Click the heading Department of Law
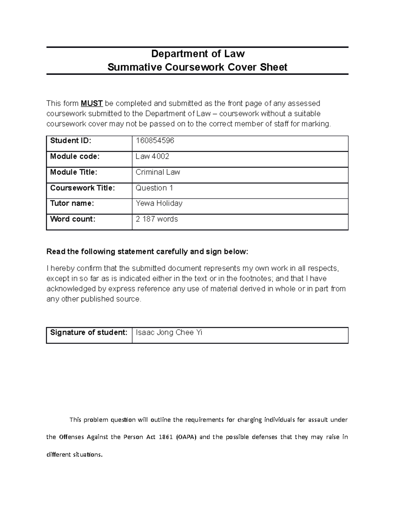tap(197, 53)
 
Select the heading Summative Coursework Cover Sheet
tap(197, 67)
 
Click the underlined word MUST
tap(92, 103)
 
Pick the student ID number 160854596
tap(155, 141)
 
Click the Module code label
tap(74, 156)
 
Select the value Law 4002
tap(152, 156)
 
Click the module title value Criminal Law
tap(158, 172)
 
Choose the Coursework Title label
tap(82, 188)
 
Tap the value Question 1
tap(154, 188)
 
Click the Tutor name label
tap(72, 203)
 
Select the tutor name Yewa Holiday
tap(159, 203)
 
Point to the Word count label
tap(72, 219)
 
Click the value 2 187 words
tap(157, 219)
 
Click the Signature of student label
tap(89, 332)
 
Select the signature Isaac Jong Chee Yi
tap(169, 332)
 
